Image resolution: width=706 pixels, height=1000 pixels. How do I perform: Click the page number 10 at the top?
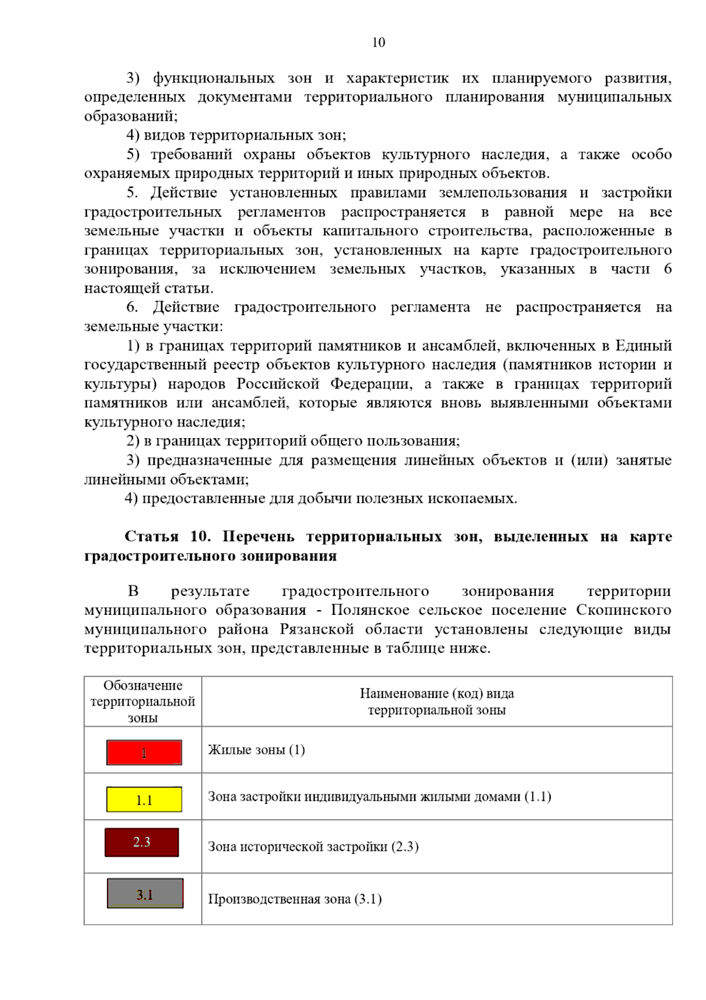[x=378, y=42]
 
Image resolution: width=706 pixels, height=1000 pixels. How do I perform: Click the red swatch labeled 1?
[x=144, y=753]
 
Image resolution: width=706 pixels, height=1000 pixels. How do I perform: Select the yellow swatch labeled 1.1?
[x=144, y=800]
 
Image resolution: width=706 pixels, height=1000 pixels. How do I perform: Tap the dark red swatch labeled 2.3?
[x=142, y=842]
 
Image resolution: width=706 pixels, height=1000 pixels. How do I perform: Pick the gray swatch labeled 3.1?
[x=145, y=894]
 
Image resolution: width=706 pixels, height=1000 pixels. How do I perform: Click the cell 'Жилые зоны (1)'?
[x=257, y=750]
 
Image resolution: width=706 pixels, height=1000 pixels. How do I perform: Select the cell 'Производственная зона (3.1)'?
[x=295, y=899]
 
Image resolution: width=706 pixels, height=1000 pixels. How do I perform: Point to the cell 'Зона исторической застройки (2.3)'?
[x=313, y=847]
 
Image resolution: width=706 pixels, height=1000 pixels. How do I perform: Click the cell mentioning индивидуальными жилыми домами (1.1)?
[x=379, y=797]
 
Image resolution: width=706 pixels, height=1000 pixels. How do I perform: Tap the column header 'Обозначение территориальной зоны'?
[x=142, y=701]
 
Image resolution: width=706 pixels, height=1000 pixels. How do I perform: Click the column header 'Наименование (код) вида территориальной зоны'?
[x=437, y=701]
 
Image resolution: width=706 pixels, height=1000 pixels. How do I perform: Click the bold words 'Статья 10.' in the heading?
[x=167, y=537]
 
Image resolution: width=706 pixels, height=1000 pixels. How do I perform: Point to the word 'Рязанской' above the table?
[x=317, y=630]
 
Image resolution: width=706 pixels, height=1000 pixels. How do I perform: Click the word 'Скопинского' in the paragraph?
[x=624, y=610]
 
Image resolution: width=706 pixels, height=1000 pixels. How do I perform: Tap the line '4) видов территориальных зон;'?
[x=236, y=135]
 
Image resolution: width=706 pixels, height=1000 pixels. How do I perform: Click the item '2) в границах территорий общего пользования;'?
[x=292, y=441]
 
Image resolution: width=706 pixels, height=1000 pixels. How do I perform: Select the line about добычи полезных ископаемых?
[x=321, y=499]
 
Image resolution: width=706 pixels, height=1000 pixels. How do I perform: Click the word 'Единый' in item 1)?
[x=643, y=346]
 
